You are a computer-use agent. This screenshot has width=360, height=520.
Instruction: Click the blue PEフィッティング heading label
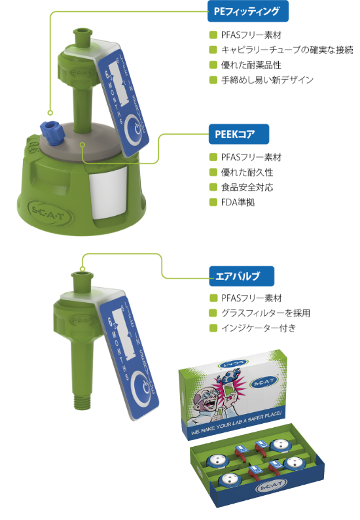click(x=248, y=11)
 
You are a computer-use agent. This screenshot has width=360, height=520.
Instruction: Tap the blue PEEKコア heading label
click(x=238, y=134)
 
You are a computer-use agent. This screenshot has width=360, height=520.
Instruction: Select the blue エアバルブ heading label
click(x=242, y=276)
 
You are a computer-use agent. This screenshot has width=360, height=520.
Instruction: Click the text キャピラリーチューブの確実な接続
click(x=287, y=50)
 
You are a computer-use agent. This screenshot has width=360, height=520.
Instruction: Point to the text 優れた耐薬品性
click(x=251, y=65)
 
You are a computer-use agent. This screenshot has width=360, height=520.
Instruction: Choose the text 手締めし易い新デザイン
click(x=267, y=80)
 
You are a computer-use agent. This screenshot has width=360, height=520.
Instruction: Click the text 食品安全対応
click(x=247, y=187)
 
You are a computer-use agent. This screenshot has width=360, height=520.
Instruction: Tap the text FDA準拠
click(x=238, y=202)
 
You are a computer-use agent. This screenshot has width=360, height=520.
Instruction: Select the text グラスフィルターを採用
click(x=266, y=313)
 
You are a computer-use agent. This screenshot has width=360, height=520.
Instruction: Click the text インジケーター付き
click(x=259, y=328)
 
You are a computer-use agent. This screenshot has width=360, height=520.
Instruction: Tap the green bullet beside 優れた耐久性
click(x=213, y=172)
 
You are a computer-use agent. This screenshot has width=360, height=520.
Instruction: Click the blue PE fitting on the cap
click(x=50, y=131)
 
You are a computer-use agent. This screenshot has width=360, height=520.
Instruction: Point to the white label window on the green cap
click(x=108, y=193)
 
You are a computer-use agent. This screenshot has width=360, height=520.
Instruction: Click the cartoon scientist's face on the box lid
click(x=204, y=400)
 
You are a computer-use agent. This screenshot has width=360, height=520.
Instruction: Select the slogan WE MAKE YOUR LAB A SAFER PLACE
click(x=236, y=423)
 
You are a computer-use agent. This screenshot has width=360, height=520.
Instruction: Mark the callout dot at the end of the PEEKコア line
click(x=83, y=145)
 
